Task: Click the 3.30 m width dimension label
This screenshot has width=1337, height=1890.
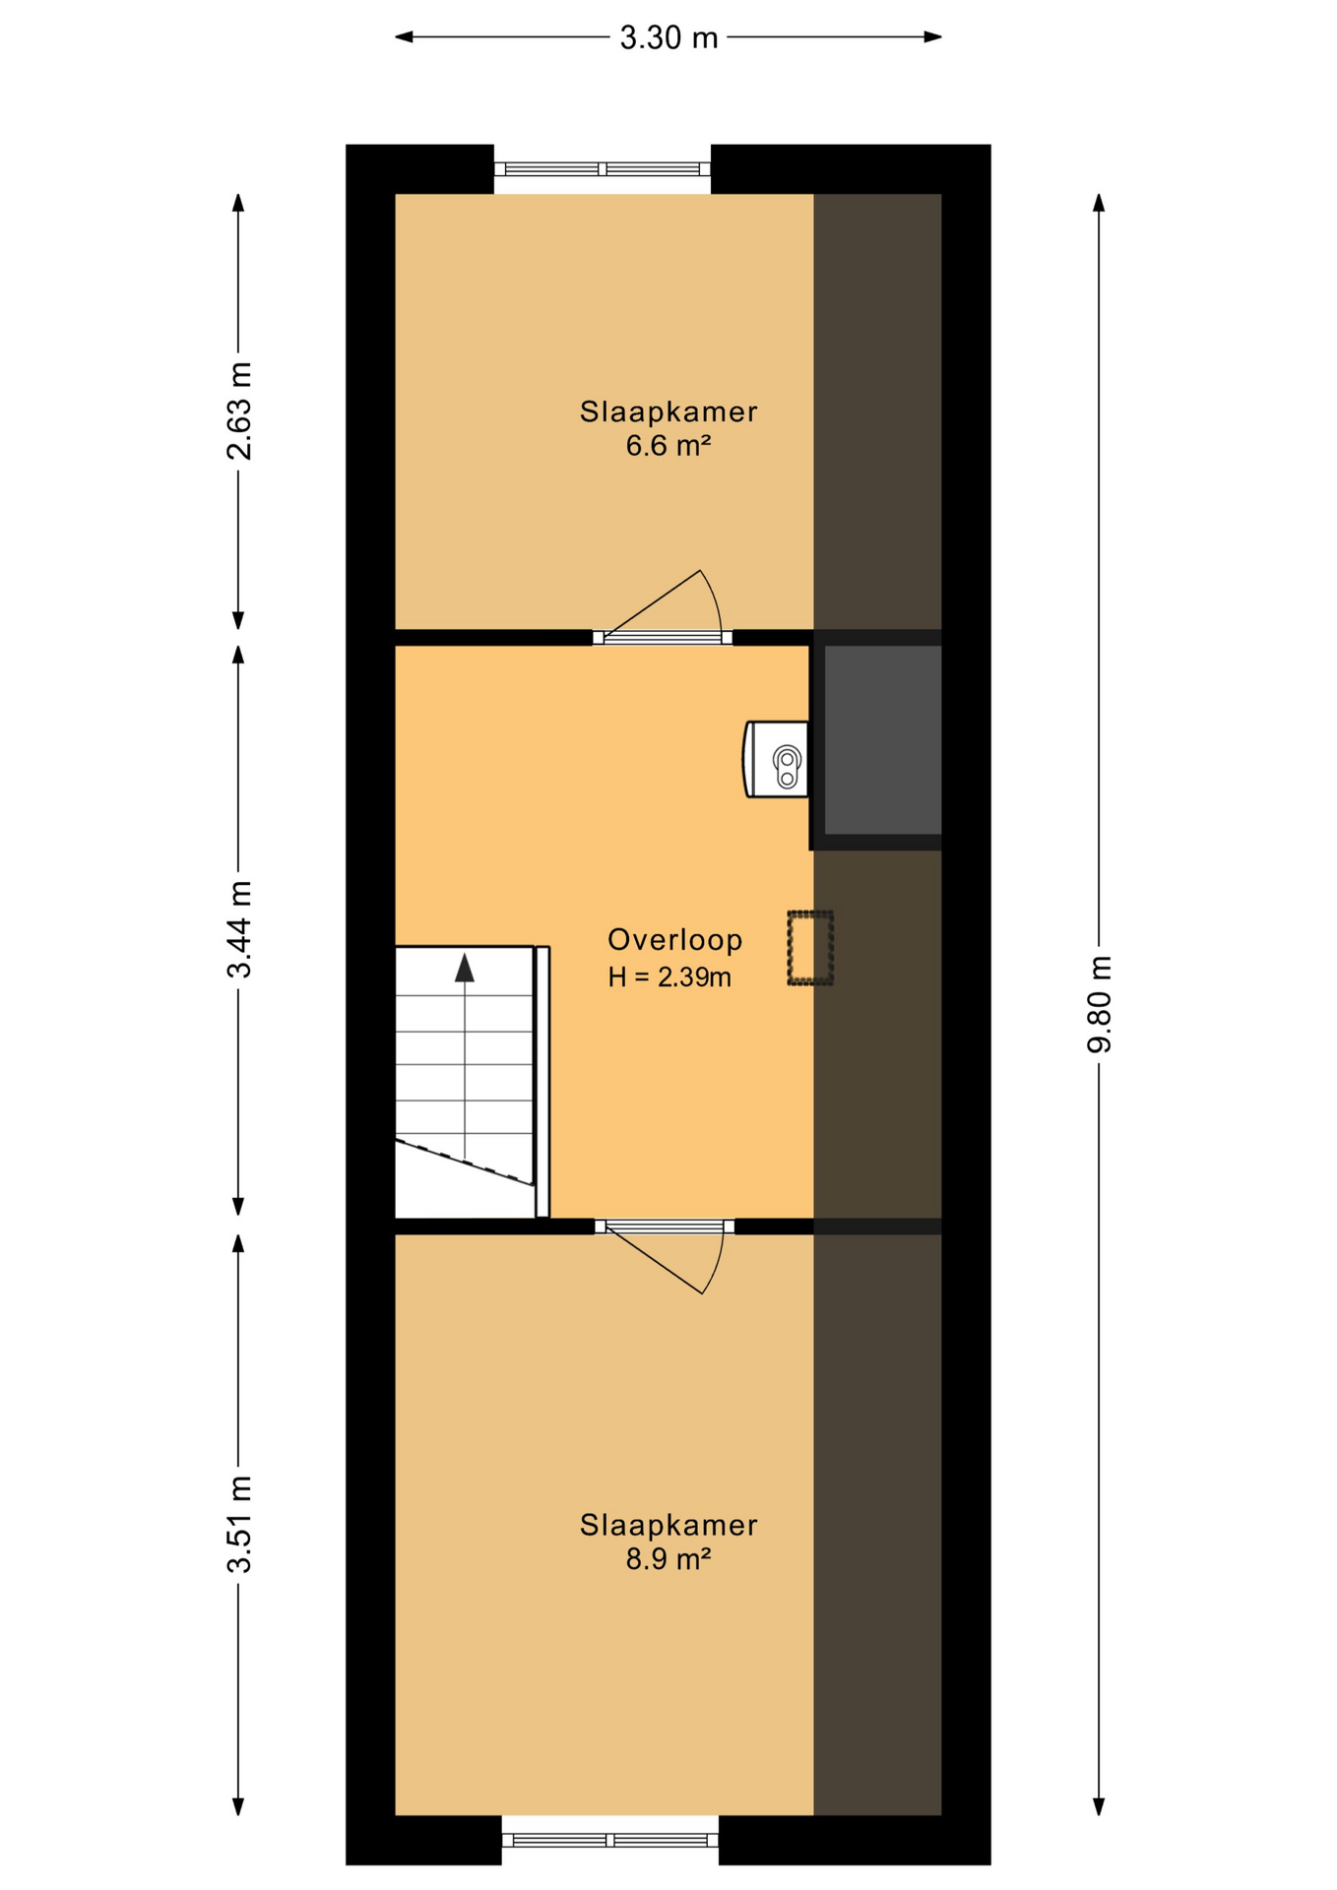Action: [x=668, y=37]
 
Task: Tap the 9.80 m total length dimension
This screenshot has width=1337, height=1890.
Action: [x=1099, y=1003]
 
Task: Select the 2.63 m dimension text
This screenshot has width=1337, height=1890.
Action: [x=239, y=410]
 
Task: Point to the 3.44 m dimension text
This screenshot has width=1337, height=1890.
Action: [x=239, y=928]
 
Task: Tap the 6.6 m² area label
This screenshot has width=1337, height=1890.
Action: [x=668, y=446]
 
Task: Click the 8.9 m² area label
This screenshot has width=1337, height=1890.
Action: [x=668, y=1559]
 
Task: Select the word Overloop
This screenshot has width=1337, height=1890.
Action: [x=674, y=939]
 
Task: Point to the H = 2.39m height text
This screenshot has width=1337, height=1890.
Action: [x=668, y=977]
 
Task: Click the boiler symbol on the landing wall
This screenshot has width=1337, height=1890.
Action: [x=778, y=759]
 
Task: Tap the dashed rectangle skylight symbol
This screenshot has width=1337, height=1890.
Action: [x=810, y=948]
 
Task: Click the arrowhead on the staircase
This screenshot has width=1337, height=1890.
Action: [x=465, y=968]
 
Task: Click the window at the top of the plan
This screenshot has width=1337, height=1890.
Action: [x=602, y=169]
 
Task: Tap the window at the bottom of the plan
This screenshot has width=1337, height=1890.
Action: [x=609, y=1840]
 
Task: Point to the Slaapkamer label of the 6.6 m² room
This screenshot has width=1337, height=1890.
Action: [x=668, y=411]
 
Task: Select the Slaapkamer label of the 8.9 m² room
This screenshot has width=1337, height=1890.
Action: [x=668, y=1525]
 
